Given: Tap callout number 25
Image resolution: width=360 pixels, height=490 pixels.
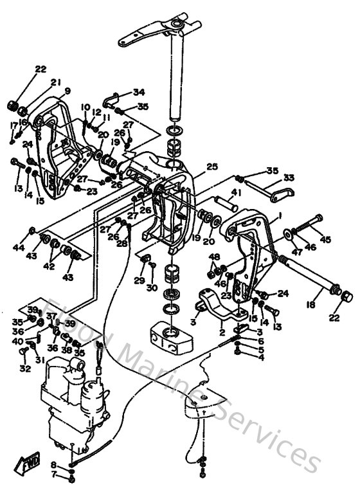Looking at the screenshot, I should pyautogui.click(x=212, y=167).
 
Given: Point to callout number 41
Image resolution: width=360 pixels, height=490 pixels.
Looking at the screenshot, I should pyautogui.click(x=237, y=192).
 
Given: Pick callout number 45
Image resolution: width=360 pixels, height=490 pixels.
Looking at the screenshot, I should pyautogui.click(x=327, y=240).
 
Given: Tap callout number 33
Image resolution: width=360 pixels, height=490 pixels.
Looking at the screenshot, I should pyautogui.click(x=289, y=177).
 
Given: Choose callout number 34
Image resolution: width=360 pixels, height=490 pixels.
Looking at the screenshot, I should pyautogui.click(x=139, y=91).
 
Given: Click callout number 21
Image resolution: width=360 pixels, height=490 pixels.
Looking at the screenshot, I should pyautogui.click(x=55, y=82).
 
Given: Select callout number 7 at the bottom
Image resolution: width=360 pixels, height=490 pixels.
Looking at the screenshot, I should pyautogui.click(x=54, y=476).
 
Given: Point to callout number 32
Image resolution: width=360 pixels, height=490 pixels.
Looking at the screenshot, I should pyautogui.click(x=24, y=368).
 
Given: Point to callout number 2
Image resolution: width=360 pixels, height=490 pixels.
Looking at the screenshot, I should pyautogui.click(x=222, y=333).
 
